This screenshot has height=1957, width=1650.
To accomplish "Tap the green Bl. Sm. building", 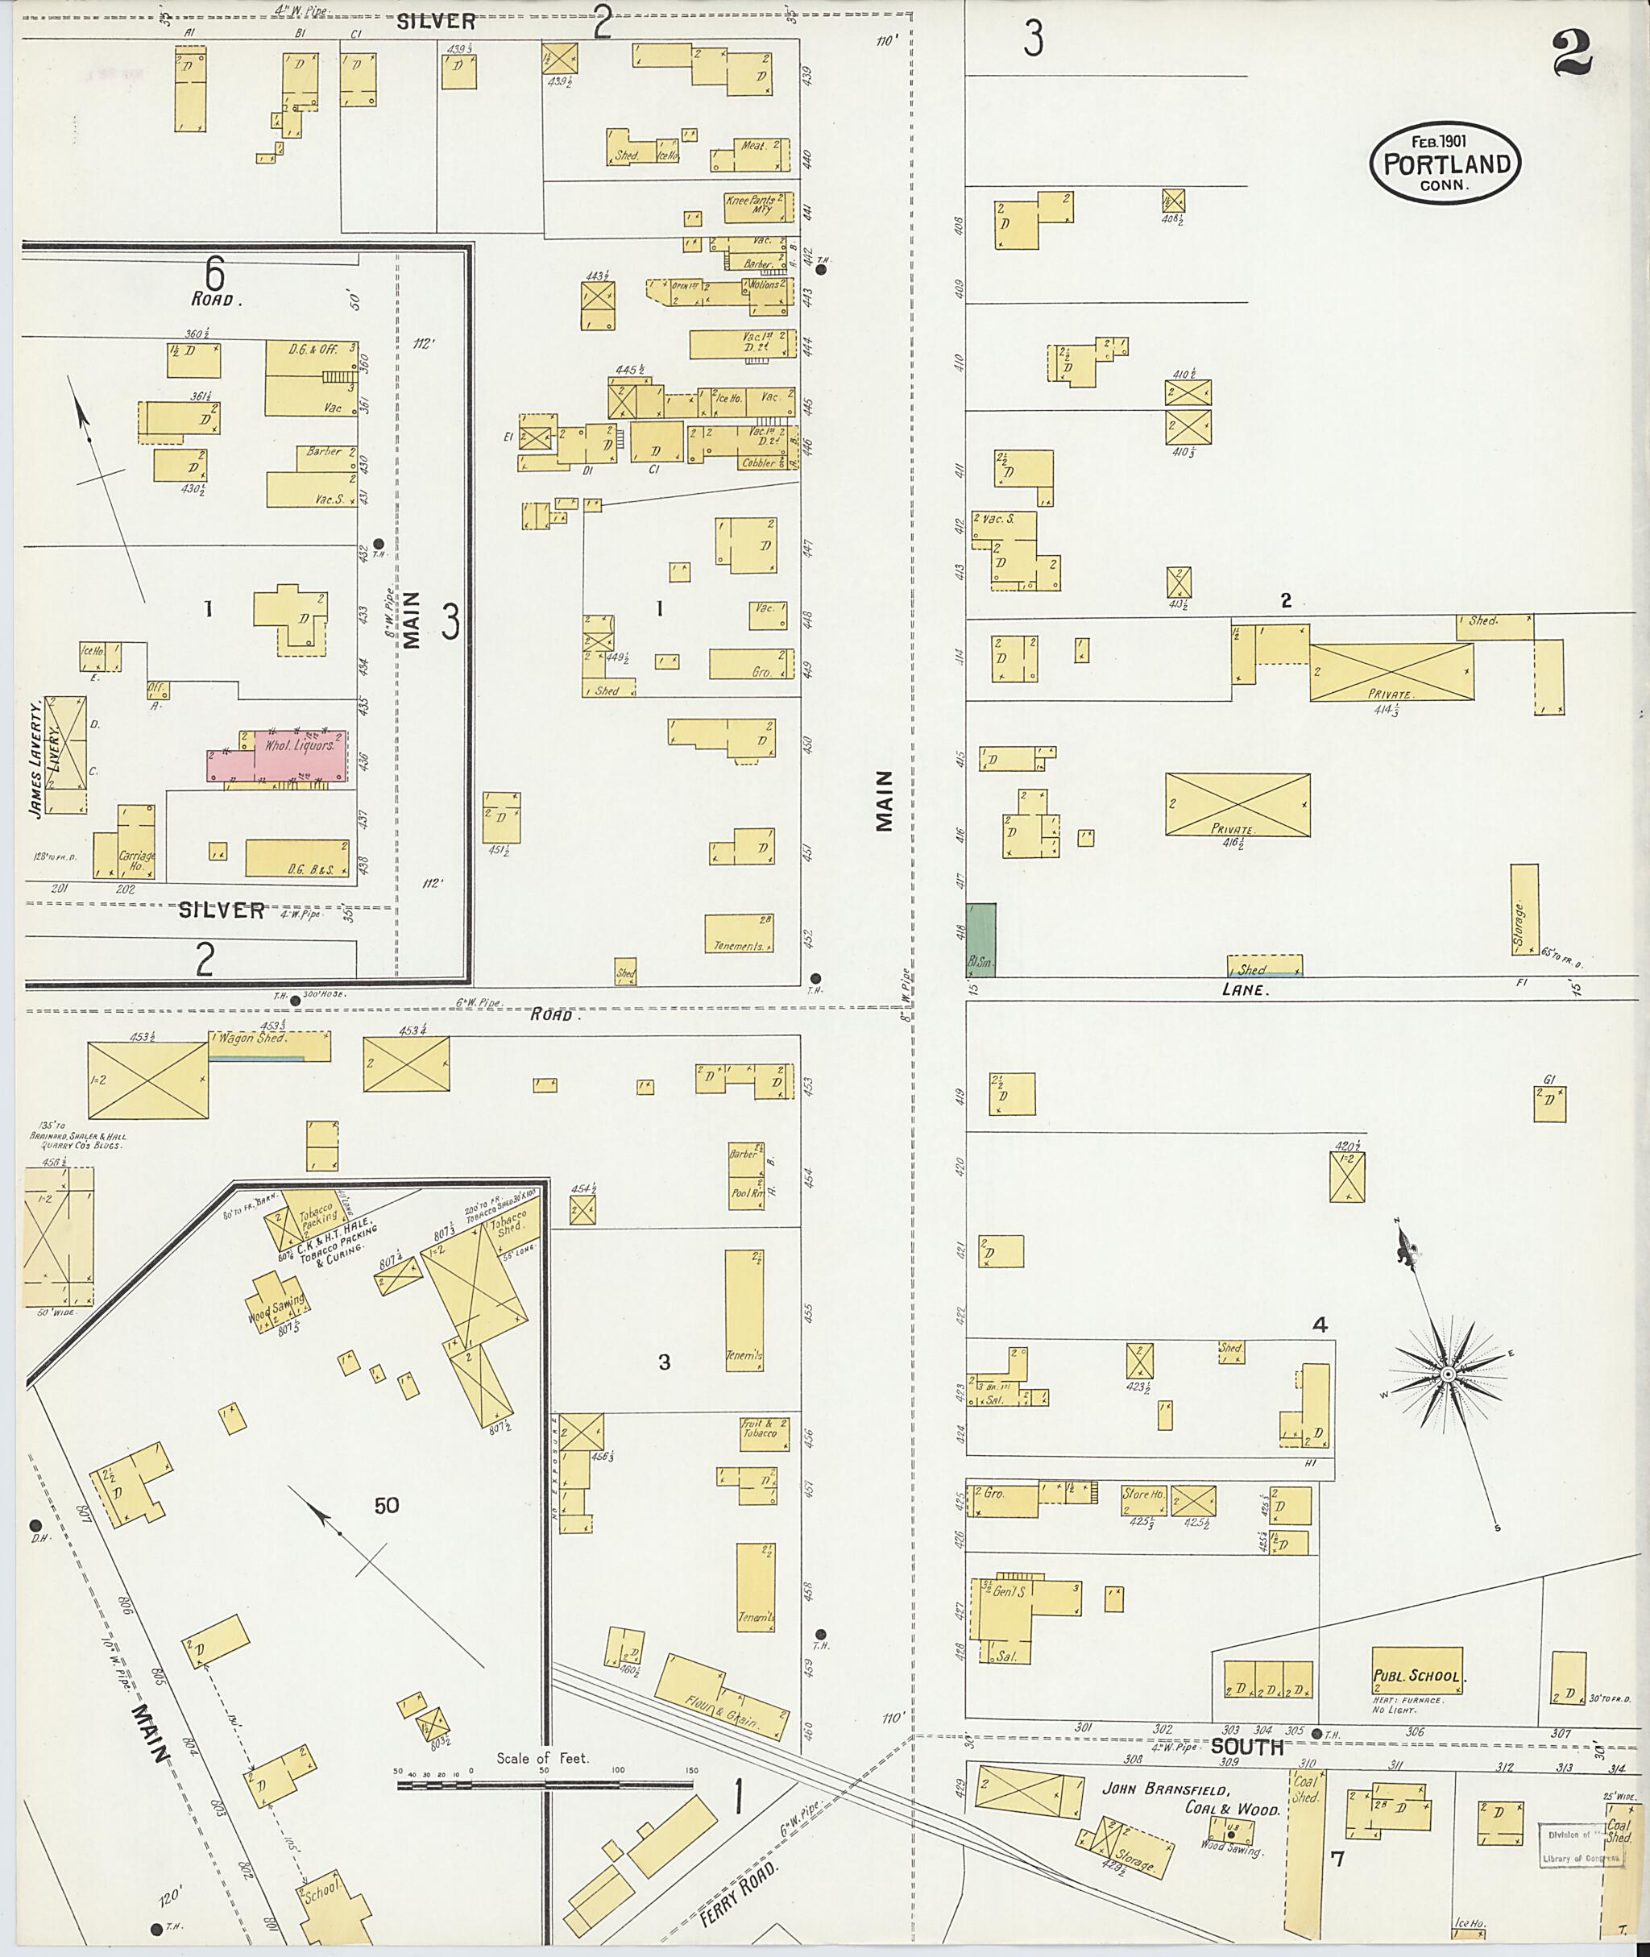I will click(x=981, y=939).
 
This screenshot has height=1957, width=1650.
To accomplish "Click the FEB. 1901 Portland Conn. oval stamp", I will click(x=1445, y=162).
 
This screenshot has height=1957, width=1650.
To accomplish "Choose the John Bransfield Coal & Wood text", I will click(x=1192, y=1799).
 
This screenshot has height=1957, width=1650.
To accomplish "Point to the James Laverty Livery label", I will click(x=45, y=756).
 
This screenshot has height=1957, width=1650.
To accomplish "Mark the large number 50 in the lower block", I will click(x=386, y=1505).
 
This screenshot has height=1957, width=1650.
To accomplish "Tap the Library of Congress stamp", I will click(x=1580, y=1844).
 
